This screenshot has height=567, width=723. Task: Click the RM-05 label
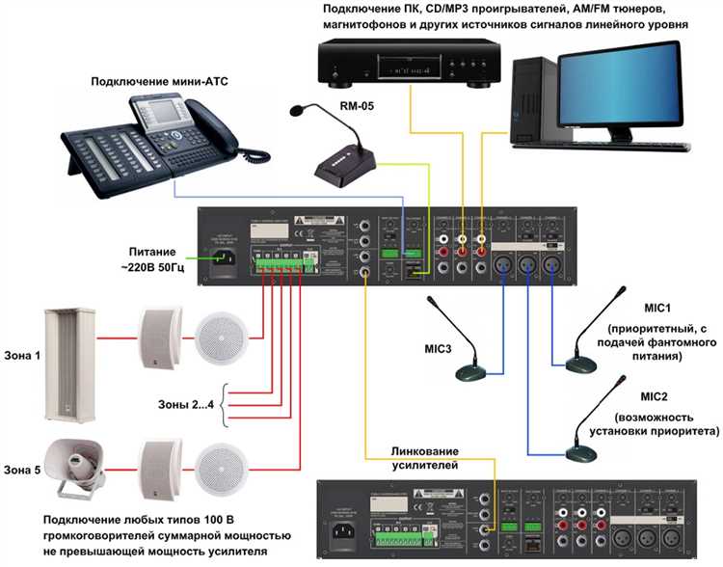pos(353,106)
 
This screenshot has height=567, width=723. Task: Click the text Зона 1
pos(23,356)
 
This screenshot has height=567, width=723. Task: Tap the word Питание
pos(159,247)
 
